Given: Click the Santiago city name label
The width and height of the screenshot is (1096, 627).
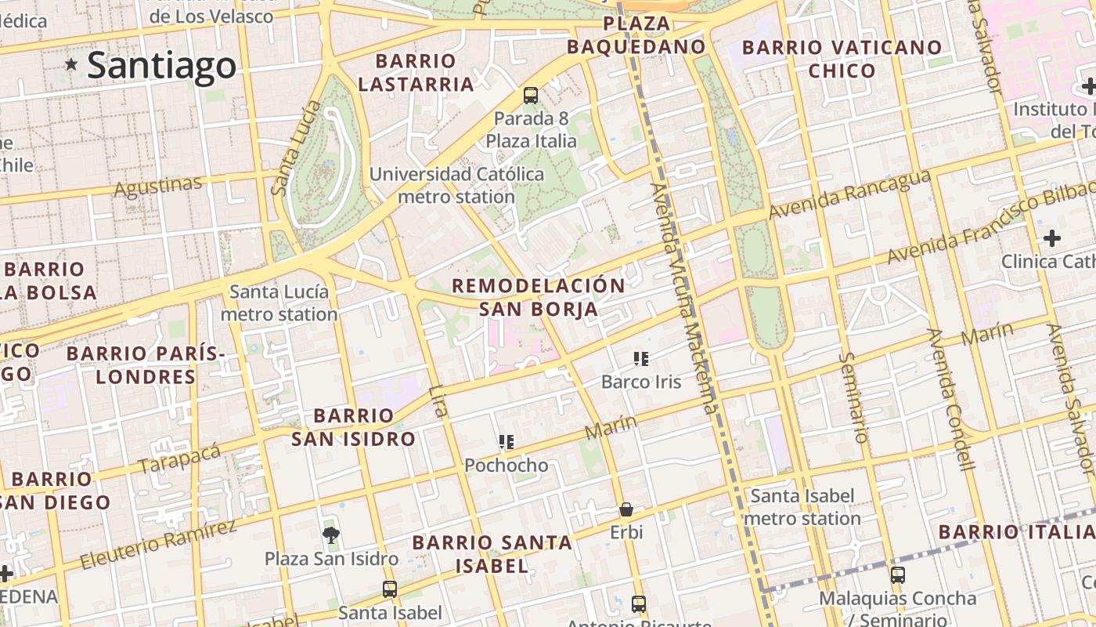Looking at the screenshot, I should click(161, 66).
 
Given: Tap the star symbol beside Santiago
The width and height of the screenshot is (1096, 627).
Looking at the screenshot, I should click(72, 63).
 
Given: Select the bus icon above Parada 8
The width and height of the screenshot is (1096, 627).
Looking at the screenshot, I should click(531, 96).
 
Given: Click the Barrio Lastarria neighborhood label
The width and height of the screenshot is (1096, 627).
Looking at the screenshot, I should click(416, 72).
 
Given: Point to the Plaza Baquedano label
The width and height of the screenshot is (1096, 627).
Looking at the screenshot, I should click(636, 35).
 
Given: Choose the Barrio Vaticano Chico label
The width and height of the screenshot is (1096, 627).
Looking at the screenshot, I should click(842, 59).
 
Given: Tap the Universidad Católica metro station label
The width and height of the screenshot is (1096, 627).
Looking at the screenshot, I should click(456, 185).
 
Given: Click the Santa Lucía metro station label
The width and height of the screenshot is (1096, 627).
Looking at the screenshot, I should click(279, 303).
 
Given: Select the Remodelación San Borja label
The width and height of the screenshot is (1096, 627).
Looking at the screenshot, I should click(539, 297).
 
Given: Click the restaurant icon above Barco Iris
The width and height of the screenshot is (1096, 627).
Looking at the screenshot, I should click(641, 360).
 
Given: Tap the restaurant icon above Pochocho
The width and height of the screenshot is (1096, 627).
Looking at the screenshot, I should click(507, 443).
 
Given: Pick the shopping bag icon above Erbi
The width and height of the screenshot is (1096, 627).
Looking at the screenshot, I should click(626, 510).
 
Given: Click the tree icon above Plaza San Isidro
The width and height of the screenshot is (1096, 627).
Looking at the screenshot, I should click(331, 535).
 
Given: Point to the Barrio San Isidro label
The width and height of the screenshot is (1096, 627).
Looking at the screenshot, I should click(353, 427).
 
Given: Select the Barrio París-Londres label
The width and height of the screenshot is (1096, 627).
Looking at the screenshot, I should click(146, 365).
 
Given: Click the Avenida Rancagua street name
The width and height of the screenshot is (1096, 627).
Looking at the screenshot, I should click(849, 194).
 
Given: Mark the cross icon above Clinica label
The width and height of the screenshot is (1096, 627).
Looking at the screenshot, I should click(1052, 237).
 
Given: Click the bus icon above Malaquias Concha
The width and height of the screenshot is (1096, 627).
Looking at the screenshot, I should click(898, 575).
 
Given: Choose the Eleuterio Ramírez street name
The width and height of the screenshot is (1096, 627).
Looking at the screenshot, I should click(158, 542).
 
